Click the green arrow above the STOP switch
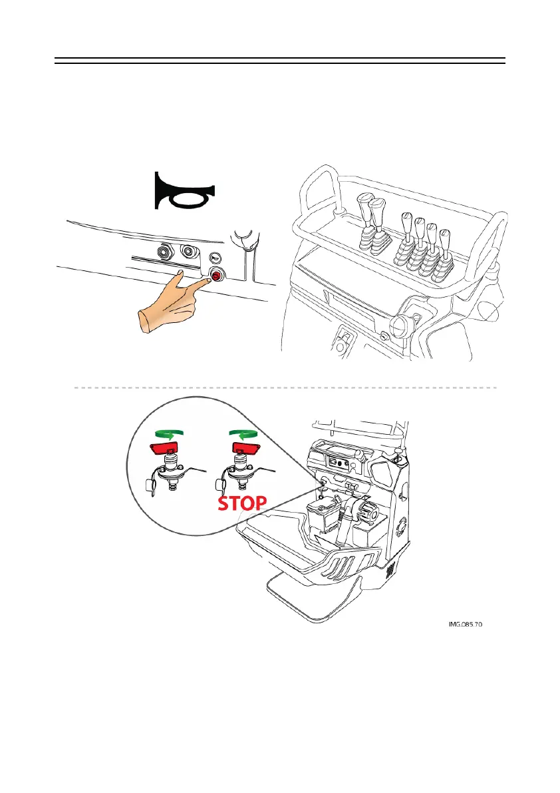tap(244, 433)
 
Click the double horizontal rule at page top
tap(279, 61)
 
